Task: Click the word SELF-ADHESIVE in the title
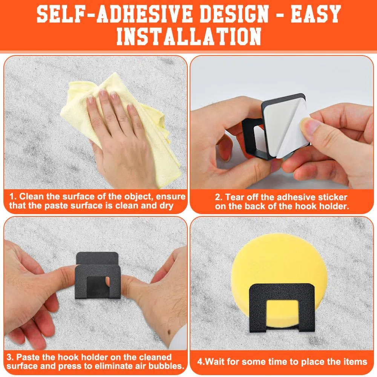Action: (115, 14)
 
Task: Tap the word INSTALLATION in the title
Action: (189, 36)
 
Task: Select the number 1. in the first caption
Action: (13, 197)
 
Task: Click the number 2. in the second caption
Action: (219, 198)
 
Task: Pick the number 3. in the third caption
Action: (10, 357)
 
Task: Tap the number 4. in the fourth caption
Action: (201, 362)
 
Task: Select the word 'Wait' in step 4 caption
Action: (215, 362)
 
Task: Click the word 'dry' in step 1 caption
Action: (166, 206)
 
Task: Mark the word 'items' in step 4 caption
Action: (356, 362)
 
